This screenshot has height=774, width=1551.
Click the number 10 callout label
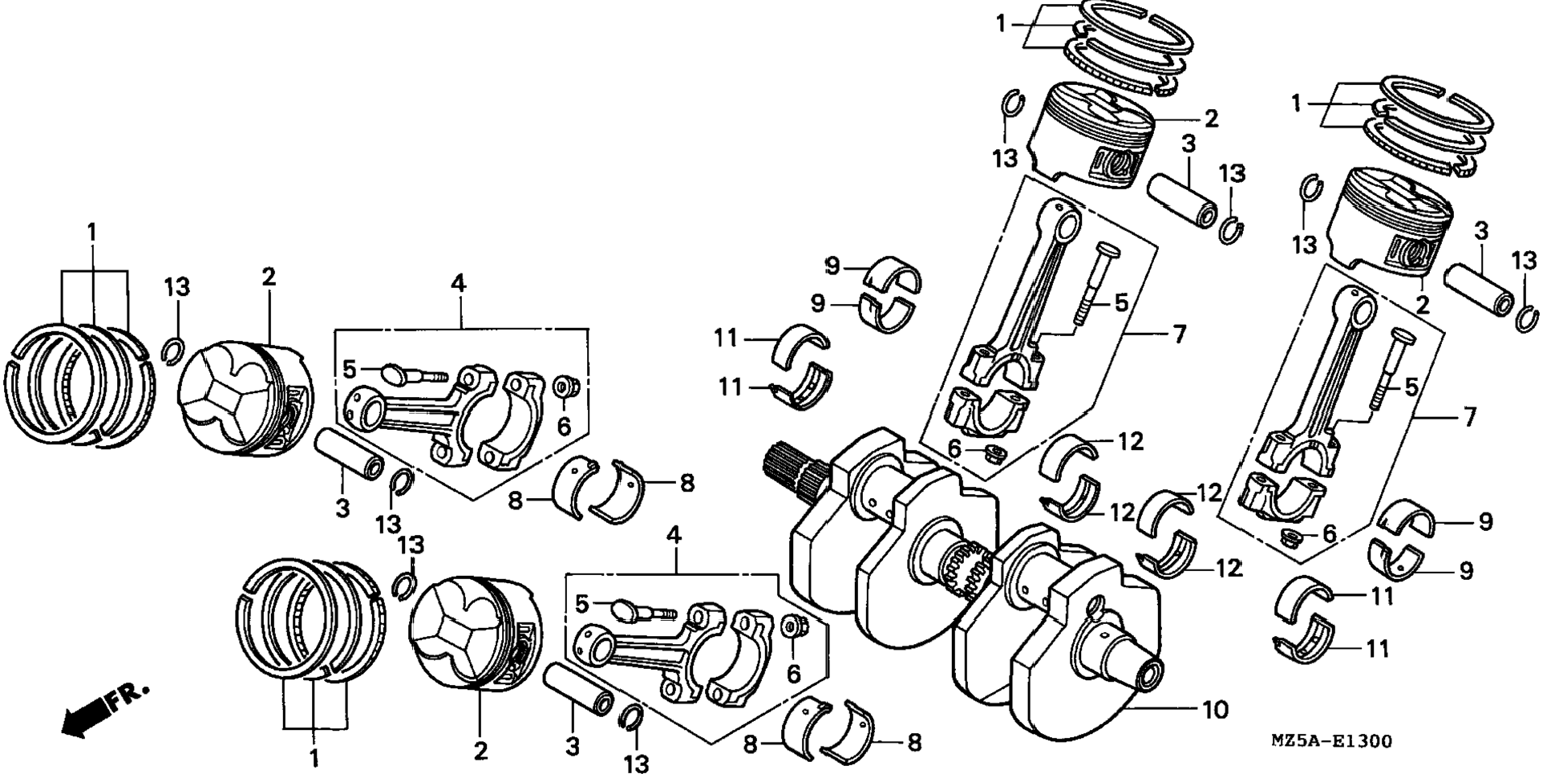tap(1214, 709)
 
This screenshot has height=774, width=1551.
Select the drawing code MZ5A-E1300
tap(1330, 740)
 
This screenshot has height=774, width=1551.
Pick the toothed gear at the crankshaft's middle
tap(966, 570)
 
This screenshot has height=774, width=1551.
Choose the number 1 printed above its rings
tap(92, 233)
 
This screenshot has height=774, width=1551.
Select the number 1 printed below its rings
tap(314, 756)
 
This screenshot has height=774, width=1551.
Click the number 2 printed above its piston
tap(268, 278)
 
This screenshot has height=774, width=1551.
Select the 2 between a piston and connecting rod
tap(1422, 305)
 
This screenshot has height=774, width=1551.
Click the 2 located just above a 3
tap(1210, 119)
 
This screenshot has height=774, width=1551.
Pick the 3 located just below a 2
tap(1188, 144)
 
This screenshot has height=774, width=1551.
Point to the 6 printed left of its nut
tap(954, 449)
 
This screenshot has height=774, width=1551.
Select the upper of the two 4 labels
tap(458, 283)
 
